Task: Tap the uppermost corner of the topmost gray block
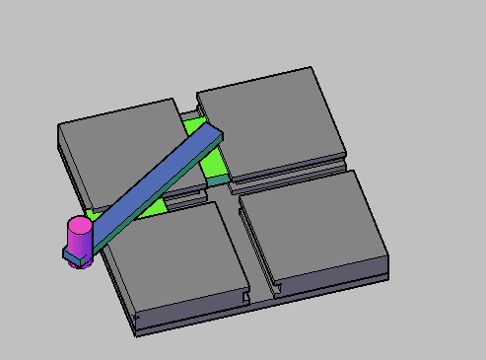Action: [312, 68]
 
